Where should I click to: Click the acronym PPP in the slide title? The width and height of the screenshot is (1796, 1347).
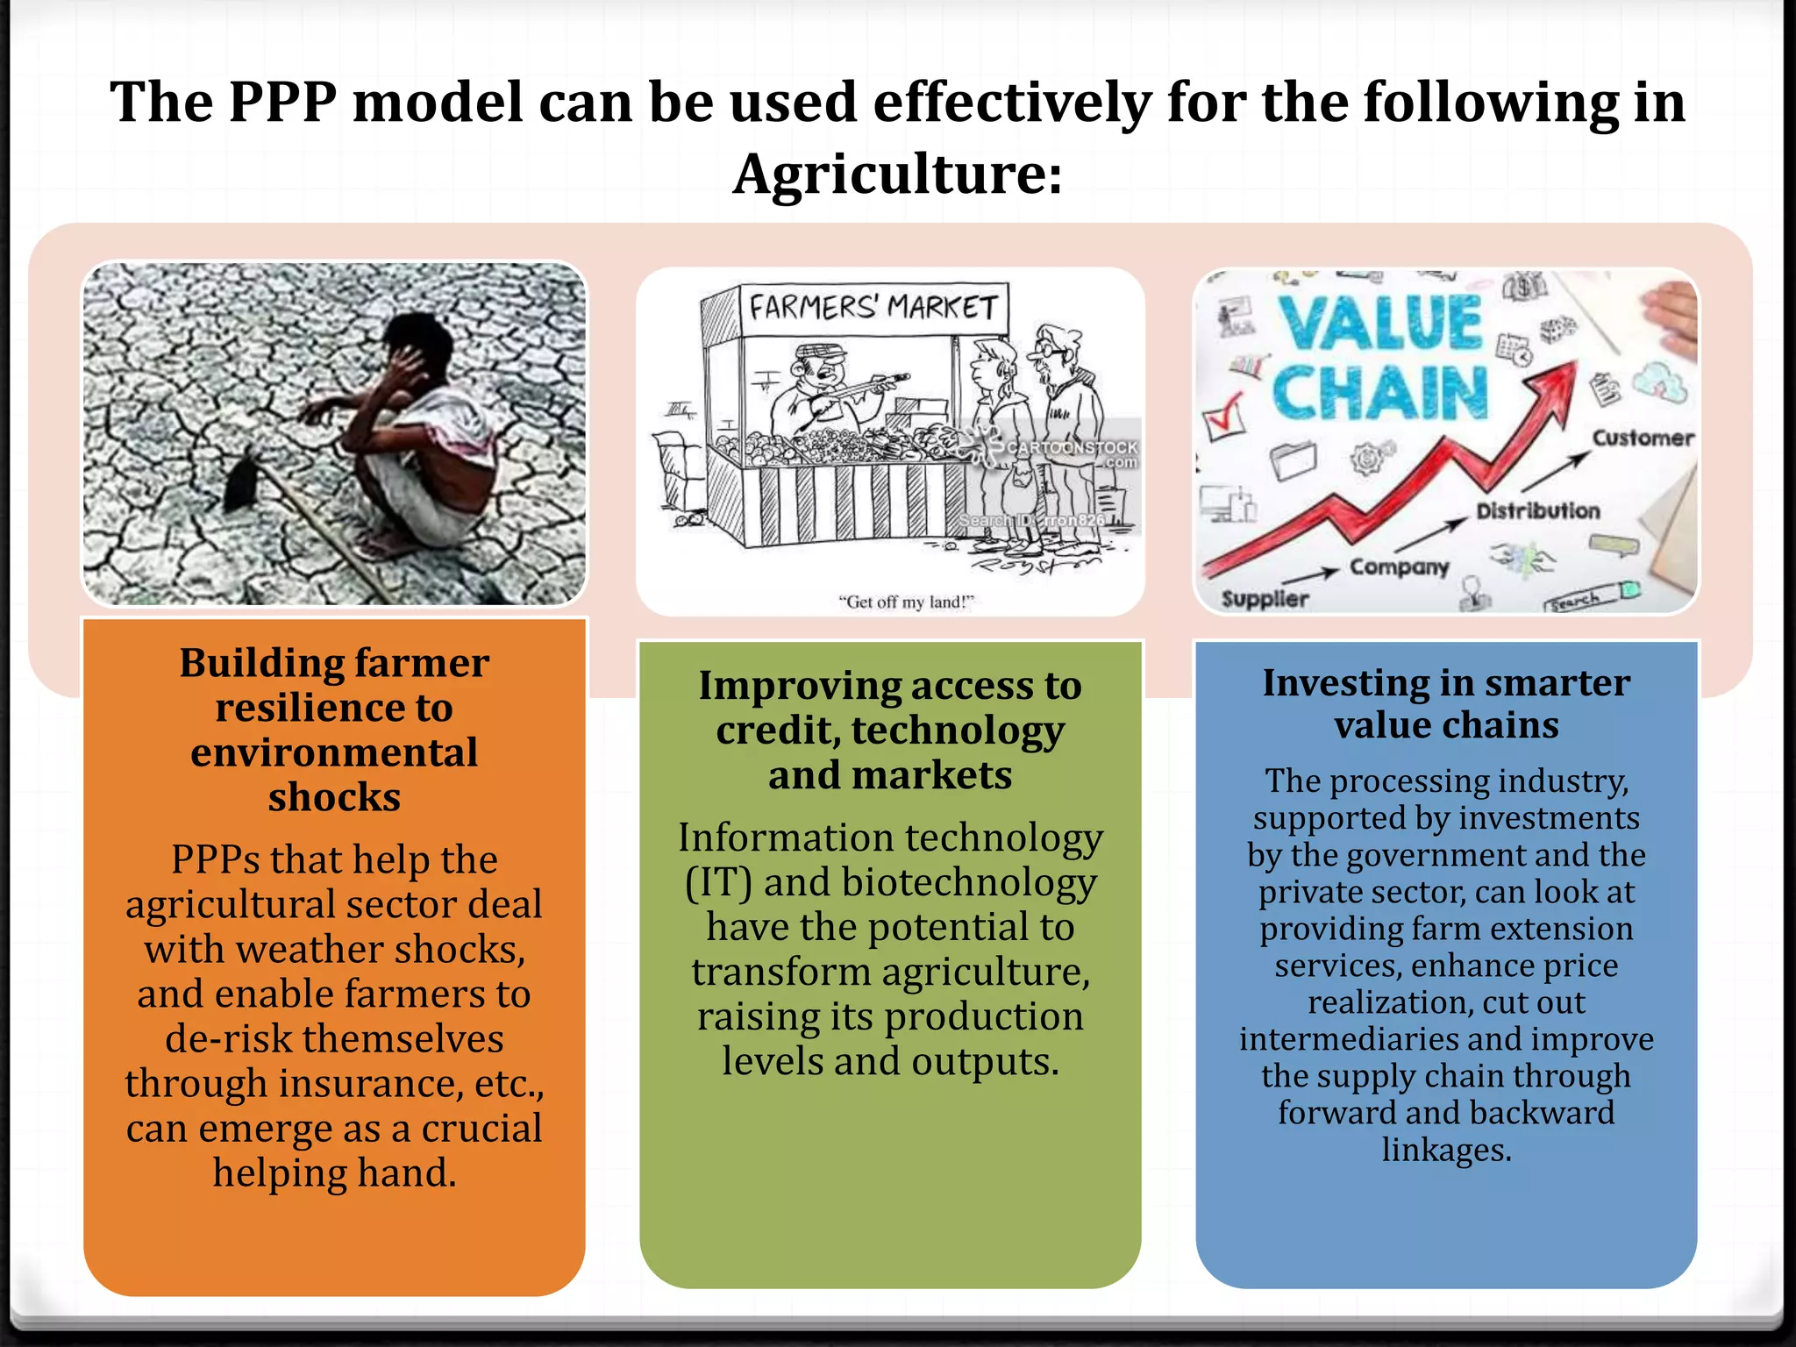282,103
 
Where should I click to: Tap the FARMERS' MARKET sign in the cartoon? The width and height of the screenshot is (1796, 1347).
873,308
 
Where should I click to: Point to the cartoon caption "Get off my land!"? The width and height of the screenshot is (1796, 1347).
906,602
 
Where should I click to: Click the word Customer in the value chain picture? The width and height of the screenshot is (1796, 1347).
1643,438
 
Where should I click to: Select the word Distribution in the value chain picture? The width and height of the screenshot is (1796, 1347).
1537,510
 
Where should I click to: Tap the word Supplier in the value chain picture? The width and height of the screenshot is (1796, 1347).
1265,599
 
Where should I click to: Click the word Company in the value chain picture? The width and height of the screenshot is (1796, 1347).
1399,567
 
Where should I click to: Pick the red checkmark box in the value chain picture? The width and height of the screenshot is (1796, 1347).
1224,417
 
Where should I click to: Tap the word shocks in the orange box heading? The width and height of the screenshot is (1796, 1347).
334,798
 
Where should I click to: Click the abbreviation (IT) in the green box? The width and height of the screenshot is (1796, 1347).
718,883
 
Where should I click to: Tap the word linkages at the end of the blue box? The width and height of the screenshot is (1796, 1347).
1445,1150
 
